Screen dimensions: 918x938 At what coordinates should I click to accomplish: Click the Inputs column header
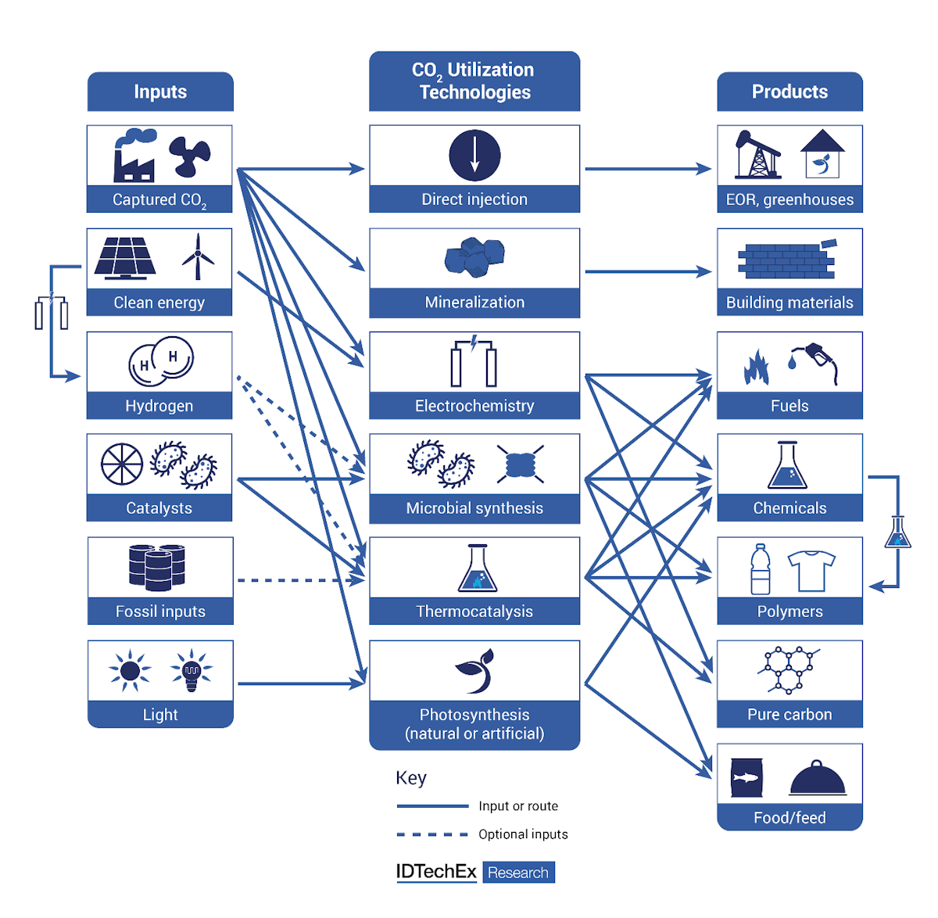[x=160, y=91]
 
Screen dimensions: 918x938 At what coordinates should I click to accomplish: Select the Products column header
[x=789, y=91]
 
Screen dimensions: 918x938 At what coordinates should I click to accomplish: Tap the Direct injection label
[x=474, y=199]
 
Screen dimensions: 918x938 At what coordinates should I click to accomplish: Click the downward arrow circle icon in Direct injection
[x=474, y=155]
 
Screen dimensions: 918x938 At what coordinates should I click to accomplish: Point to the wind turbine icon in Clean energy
[x=198, y=256]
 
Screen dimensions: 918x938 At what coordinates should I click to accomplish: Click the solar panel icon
[x=124, y=257]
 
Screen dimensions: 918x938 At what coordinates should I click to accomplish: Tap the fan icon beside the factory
[x=190, y=156]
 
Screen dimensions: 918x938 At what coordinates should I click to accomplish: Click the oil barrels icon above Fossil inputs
[x=157, y=567]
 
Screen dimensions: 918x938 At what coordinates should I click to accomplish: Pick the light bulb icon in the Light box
[x=192, y=671]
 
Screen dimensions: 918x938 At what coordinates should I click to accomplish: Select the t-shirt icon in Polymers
[x=811, y=570]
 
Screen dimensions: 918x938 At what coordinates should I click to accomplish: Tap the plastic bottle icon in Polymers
[x=760, y=569]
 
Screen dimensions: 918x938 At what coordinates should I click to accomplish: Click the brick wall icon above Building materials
[x=786, y=260]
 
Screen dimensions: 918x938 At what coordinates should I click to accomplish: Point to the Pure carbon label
[x=789, y=714]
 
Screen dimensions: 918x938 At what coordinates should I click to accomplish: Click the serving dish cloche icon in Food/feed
[x=818, y=779]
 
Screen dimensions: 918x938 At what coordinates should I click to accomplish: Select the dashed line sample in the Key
[x=432, y=834]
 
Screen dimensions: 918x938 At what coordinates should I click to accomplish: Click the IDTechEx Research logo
[x=475, y=872]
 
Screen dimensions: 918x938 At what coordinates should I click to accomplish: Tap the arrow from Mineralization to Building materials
[x=647, y=272]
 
